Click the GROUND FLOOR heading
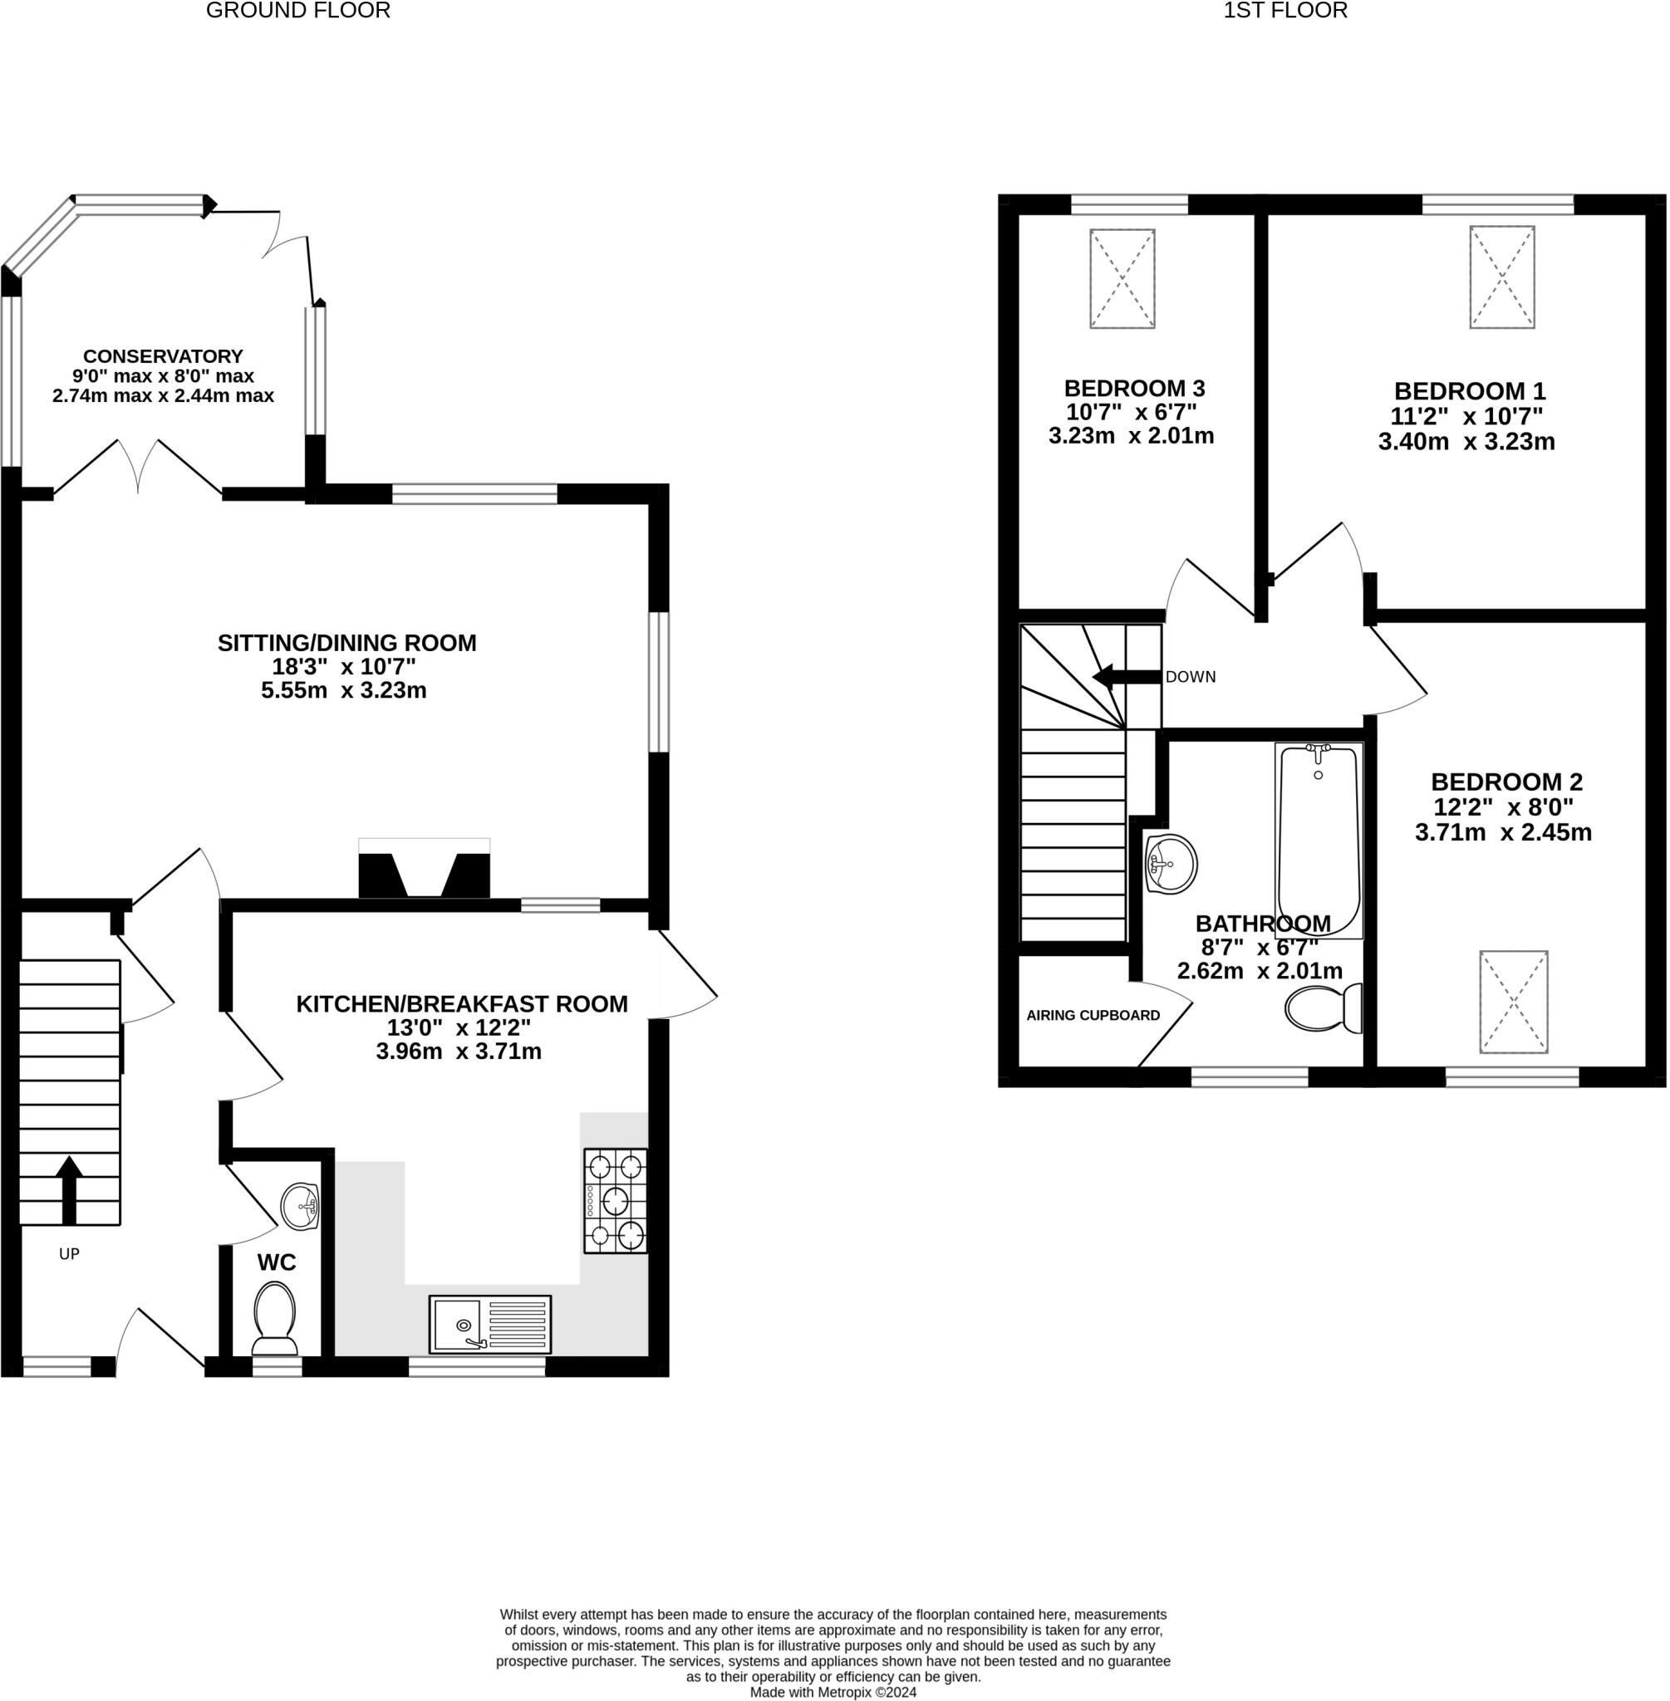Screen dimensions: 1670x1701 [298, 11]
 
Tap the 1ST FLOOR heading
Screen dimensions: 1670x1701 [1285, 11]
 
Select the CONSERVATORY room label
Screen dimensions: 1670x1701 [163, 356]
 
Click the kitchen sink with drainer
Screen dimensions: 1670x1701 [490, 1324]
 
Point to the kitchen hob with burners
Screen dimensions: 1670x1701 [616, 1200]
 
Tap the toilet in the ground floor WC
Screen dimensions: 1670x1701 [274, 1320]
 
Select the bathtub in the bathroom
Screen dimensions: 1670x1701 [1319, 841]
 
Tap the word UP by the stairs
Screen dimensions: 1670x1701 [69, 1254]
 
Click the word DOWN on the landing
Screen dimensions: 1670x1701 [1191, 677]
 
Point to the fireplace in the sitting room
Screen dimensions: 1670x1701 [425, 868]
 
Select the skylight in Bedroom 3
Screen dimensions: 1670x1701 [1122, 279]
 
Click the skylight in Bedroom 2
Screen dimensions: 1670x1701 [1514, 1002]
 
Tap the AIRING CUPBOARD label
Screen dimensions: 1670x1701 [1093, 1015]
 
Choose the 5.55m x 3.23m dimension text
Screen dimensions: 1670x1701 [344, 690]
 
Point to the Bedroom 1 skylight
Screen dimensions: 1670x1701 [1502, 277]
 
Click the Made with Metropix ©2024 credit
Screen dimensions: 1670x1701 [833, 1692]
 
